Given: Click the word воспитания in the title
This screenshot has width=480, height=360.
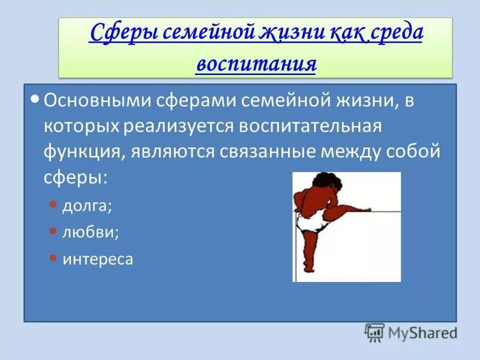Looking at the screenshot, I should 256,63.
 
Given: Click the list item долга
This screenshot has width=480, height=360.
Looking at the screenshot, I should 87,206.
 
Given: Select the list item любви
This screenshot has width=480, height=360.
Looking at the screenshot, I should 91,232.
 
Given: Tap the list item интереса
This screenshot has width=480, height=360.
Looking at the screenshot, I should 98,259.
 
